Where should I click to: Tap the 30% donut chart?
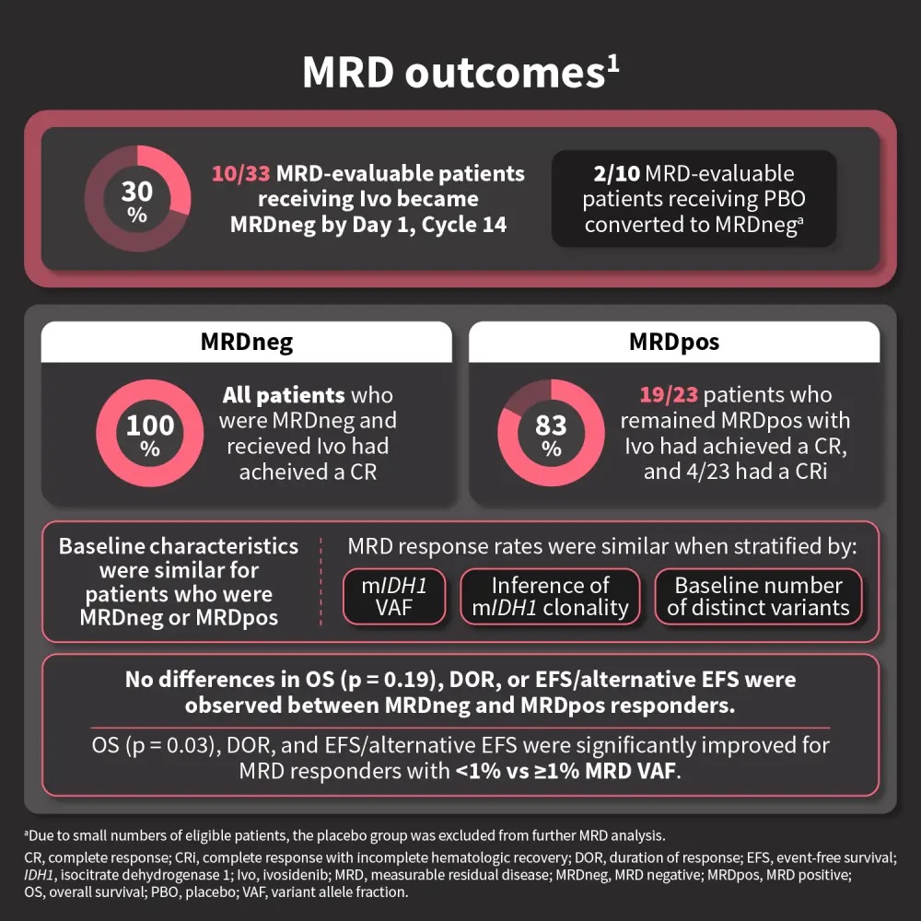pos(137,199)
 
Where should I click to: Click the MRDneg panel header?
pos(247,343)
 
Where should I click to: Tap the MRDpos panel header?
pos(674,343)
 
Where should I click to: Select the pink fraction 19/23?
pos(669,396)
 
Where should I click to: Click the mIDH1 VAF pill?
pos(393,596)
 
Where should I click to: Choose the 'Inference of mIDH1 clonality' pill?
pos(550,596)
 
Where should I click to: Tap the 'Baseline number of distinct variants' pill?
pos(758,596)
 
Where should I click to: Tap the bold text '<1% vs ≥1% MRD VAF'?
pos(566,769)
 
